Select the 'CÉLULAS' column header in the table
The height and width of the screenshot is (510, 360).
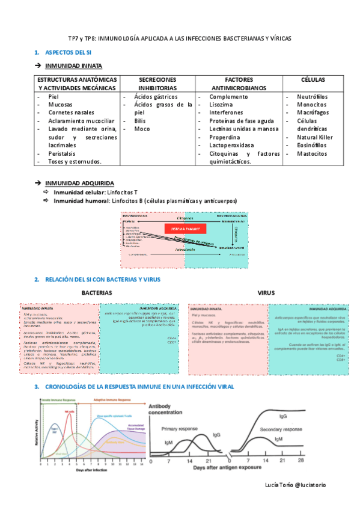click(313, 80)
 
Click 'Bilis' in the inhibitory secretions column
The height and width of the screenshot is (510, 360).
click(140, 120)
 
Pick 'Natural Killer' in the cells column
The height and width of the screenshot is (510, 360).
click(314, 137)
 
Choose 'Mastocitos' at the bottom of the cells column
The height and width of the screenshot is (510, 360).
click(313, 153)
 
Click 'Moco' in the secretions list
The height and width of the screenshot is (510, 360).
click(142, 129)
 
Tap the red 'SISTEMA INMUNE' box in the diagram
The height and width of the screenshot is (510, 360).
click(185, 229)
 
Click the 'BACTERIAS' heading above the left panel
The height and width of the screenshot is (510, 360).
click(97, 293)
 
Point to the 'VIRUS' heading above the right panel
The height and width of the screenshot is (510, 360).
click(266, 293)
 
